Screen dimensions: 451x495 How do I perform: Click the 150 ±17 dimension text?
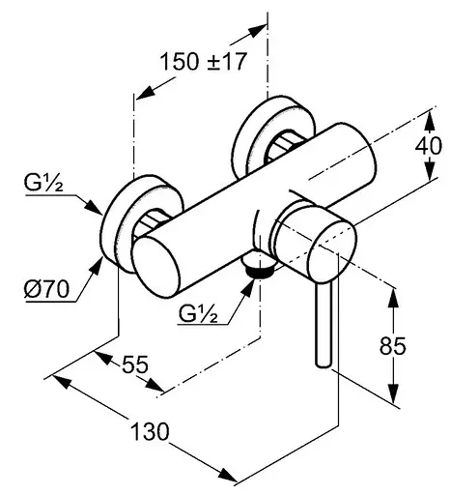tap(204, 61)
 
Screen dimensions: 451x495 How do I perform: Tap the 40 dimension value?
tap(428, 146)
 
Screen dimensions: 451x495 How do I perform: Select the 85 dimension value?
tap(392, 345)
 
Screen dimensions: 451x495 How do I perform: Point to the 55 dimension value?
tap(135, 364)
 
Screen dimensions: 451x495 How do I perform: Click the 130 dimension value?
tap(150, 431)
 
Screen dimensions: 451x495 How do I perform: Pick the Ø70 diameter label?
tap(46, 289)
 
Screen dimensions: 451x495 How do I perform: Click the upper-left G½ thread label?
tap(43, 183)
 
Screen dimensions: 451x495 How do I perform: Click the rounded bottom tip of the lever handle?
tap(324, 364)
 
